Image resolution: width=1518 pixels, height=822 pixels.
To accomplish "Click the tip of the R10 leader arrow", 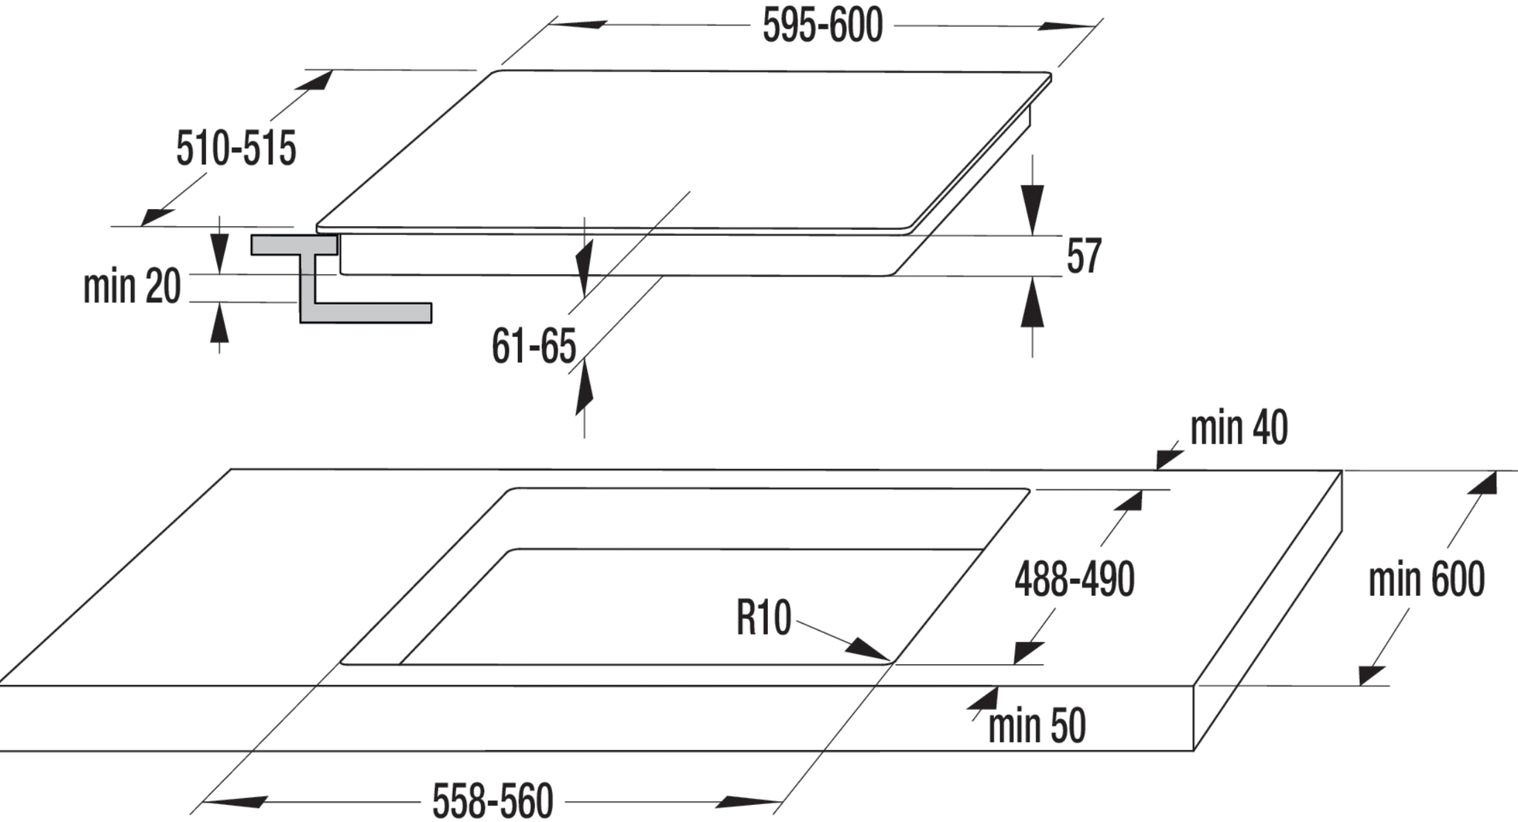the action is point(890,659).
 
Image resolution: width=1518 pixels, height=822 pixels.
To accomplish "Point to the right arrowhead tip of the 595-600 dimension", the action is point(1096,27).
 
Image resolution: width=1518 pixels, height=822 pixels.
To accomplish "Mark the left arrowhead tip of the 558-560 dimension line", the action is point(202,802).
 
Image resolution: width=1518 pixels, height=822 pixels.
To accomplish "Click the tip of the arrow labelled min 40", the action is point(1156,469).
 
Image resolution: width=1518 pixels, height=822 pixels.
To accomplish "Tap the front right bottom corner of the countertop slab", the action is point(1193,751).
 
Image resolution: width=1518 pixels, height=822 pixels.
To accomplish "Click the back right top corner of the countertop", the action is point(1342,470).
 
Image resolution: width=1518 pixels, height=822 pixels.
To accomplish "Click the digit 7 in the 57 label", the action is point(1093,256).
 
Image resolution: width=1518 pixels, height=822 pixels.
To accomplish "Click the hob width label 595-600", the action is point(823,27).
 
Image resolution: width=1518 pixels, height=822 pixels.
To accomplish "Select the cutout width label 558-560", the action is point(492,801).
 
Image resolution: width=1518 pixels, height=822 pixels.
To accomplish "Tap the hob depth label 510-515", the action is point(236,148).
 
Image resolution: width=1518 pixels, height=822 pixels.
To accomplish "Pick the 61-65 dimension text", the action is point(534,346).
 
